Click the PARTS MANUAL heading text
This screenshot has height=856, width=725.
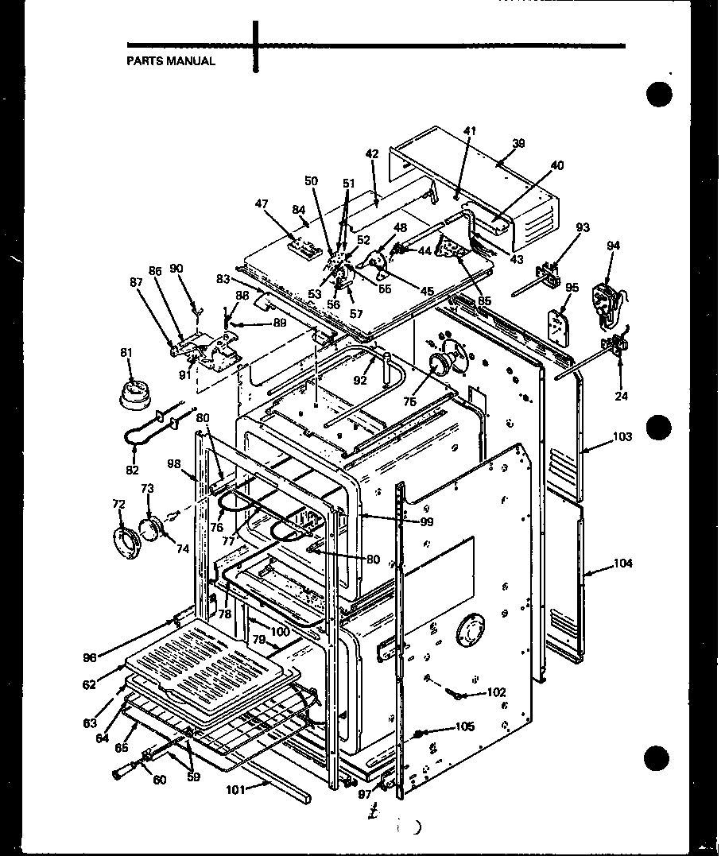click(x=171, y=61)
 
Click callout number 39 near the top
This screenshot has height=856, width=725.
click(x=518, y=143)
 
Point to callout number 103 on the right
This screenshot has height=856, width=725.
click(x=622, y=437)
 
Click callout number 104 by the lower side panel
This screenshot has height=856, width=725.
click(x=623, y=564)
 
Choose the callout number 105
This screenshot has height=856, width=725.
click(x=465, y=726)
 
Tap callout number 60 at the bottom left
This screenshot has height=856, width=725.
click(x=159, y=780)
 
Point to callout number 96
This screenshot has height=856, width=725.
click(x=89, y=657)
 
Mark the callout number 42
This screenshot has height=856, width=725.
click(x=372, y=153)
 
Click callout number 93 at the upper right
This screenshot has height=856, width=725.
click(x=583, y=228)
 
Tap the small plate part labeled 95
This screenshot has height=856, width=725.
click(x=560, y=322)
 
